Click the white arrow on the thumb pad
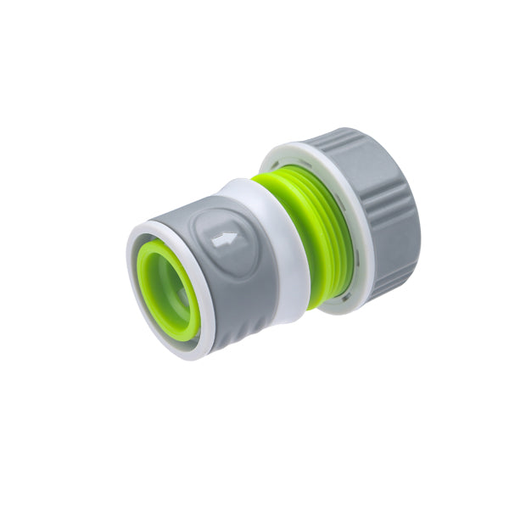[x=225, y=239]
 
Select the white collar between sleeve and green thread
[x=284, y=255]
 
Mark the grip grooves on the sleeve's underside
[x=229, y=335]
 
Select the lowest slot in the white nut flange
[x=348, y=294]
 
